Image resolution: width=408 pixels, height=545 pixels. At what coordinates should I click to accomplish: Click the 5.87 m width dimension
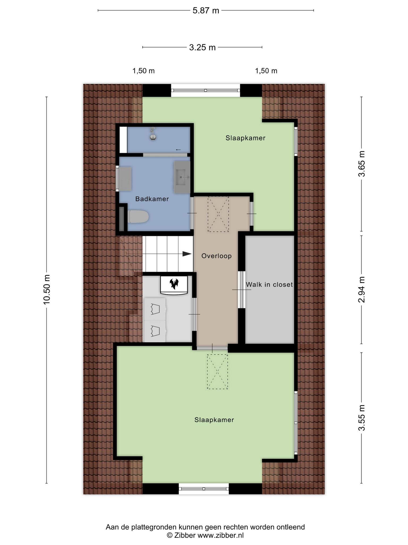coord(206,11)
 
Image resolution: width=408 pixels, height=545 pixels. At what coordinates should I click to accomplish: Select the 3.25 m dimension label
coord(202,47)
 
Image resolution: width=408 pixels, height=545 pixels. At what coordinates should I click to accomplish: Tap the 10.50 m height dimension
coord(47,289)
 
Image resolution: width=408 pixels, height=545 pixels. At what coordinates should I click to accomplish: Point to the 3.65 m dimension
coord(362,164)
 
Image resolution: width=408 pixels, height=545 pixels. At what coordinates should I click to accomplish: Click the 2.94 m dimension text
coord(362,290)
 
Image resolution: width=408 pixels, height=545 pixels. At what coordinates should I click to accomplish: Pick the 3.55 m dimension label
coord(362,418)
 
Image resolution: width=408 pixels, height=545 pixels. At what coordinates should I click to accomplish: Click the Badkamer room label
coord(152,199)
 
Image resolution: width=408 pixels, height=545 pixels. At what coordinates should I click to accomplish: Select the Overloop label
coord(216,256)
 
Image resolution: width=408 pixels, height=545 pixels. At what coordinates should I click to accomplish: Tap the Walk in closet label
coord(269,284)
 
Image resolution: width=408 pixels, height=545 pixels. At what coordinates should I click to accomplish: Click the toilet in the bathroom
coord(138,217)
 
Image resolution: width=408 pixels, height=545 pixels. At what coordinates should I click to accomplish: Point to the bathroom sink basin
coord(182,177)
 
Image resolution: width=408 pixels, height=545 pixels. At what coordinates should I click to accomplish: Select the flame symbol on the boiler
coord(174,284)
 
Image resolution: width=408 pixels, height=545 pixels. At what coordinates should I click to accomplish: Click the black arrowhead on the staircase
coord(187,254)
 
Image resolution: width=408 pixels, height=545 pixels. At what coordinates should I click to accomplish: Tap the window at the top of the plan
coord(206,90)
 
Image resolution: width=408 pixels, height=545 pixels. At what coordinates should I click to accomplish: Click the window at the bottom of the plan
coord(204,489)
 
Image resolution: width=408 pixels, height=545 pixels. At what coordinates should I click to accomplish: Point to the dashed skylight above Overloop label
coord(218,214)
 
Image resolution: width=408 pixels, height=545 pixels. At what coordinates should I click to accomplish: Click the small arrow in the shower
coord(178,150)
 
